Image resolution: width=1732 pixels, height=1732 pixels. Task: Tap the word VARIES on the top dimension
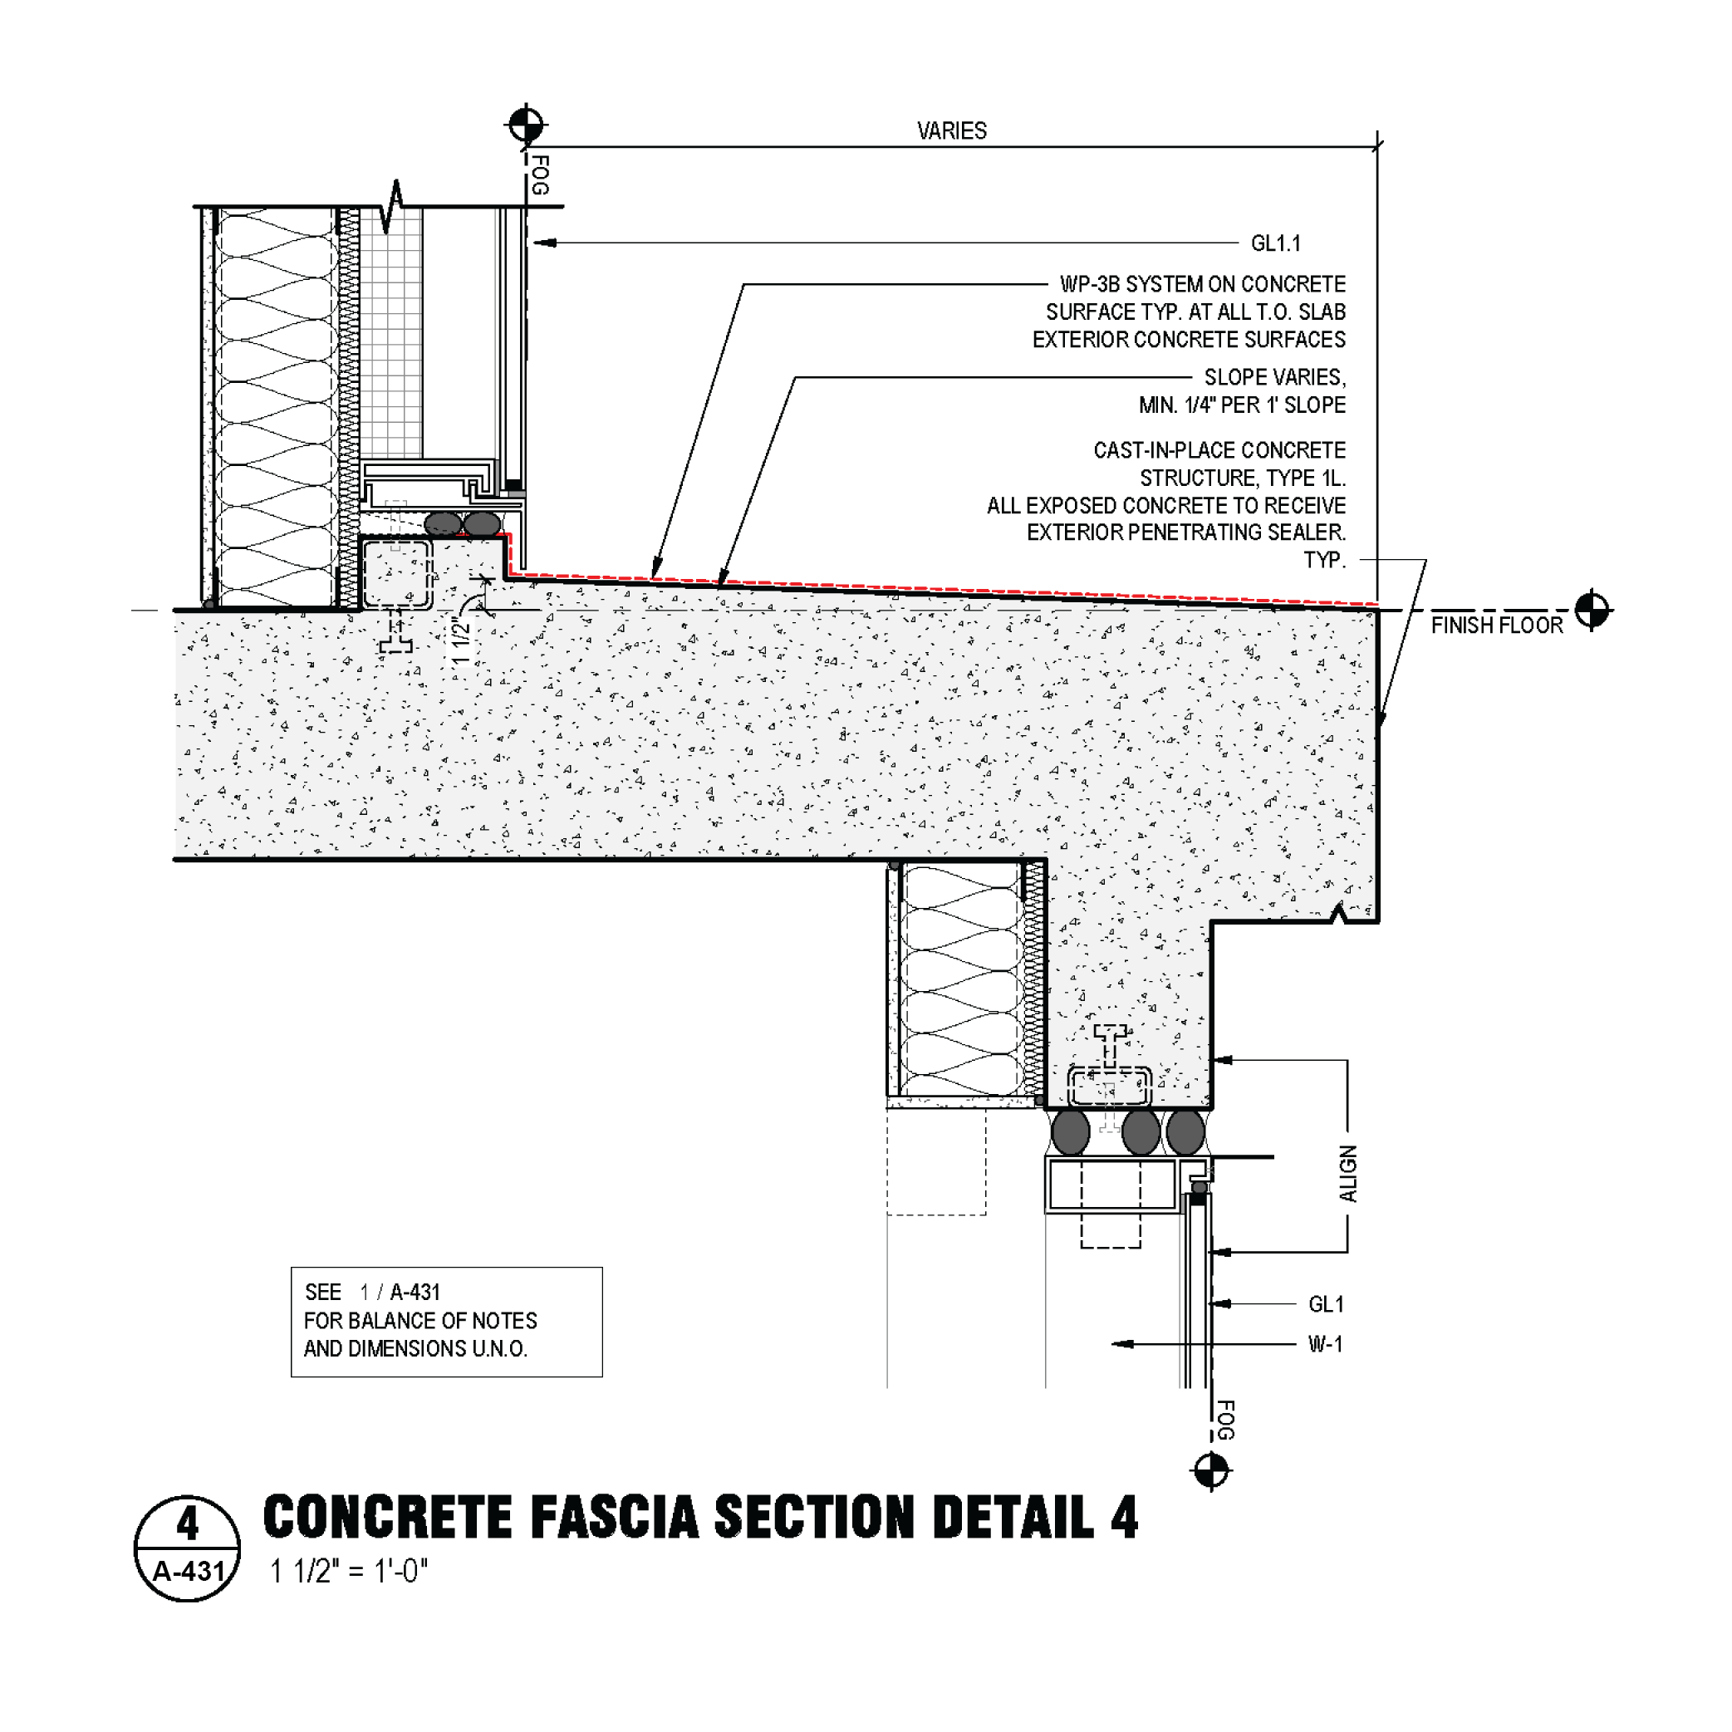pyautogui.click(x=951, y=131)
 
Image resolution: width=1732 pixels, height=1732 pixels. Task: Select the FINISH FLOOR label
pyautogui.click(x=1496, y=626)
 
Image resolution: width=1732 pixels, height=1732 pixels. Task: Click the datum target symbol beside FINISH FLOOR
pyautogui.click(x=1592, y=611)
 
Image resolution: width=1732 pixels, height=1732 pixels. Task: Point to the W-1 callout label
pyautogui.click(x=1325, y=1344)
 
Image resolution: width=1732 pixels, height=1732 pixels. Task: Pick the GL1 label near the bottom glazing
pyautogui.click(x=1326, y=1304)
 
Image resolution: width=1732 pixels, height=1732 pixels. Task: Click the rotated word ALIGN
pyautogui.click(x=1347, y=1174)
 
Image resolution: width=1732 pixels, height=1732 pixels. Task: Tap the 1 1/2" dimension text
pyautogui.click(x=461, y=640)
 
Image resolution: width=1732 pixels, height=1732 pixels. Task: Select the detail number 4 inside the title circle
pyautogui.click(x=188, y=1524)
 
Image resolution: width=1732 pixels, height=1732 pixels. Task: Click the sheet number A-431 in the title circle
pyautogui.click(x=189, y=1572)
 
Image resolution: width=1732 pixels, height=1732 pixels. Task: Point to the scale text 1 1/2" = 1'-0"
pyautogui.click(x=350, y=1572)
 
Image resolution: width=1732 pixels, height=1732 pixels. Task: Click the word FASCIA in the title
pyautogui.click(x=614, y=1518)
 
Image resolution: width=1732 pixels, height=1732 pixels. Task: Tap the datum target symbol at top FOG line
pyautogui.click(x=526, y=125)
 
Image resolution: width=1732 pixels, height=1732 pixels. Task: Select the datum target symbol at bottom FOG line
pyautogui.click(x=1211, y=1471)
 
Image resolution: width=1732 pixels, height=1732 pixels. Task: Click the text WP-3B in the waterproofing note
pyautogui.click(x=1089, y=284)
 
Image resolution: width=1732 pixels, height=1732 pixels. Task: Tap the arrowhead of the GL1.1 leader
pyautogui.click(x=541, y=243)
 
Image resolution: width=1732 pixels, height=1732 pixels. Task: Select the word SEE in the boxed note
pyautogui.click(x=323, y=1293)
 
